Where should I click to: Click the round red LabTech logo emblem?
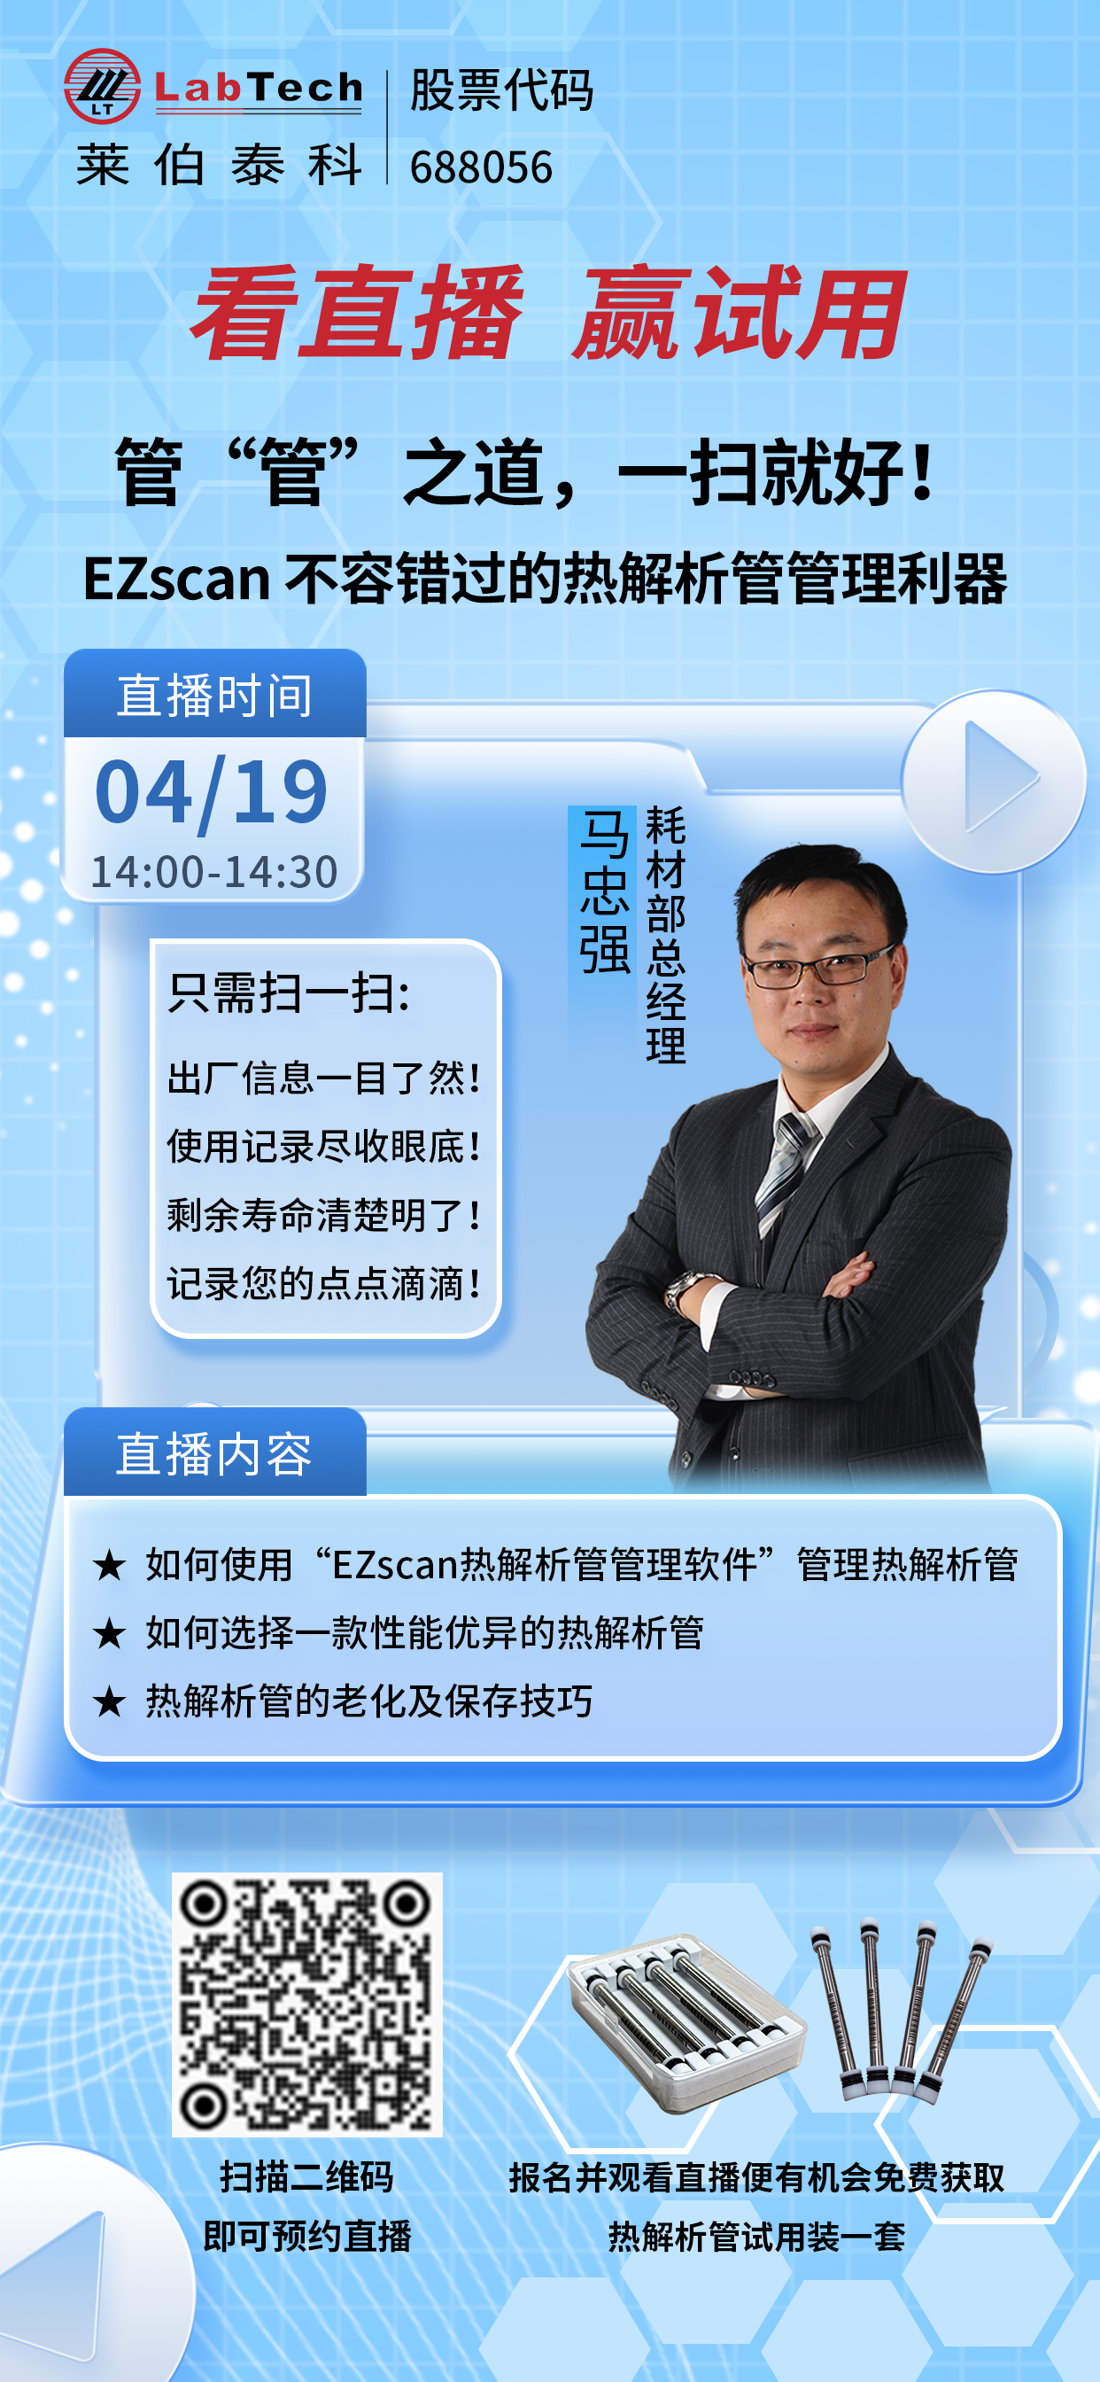pyautogui.click(x=102, y=86)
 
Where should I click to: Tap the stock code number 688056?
pyautogui.click(x=481, y=167)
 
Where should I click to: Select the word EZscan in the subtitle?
pyautogui.click(x=176, y=579)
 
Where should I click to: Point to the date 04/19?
pyautogui.click(x=212, y=791)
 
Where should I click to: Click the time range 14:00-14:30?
pyautogui.click(x=213, y=871)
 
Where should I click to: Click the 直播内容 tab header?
pyautogui.click(x=214, y=1452)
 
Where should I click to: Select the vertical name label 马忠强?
pyautogui.click(x=604, y=891)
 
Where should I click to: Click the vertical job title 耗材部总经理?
pyautogui.click(x=665, y=934)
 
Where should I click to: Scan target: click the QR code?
pyautogui.click(x=307, y=2004)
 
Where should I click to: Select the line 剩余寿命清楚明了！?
pyautogui.click(x=323, y=1215)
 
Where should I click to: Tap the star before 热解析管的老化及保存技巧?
pyautogui.click(x=109, y=1700)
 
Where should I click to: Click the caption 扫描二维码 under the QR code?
pyautogui.click(x=307, y=2176)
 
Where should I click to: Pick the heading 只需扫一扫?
pyautogui.click(x=289, y=994)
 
